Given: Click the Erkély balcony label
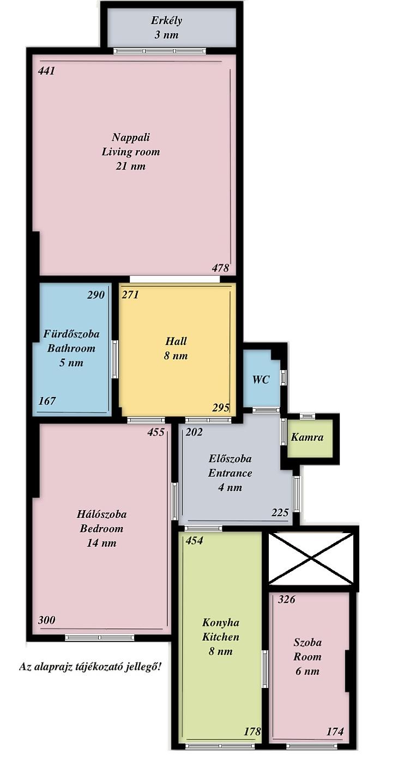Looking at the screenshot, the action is pos(166,21).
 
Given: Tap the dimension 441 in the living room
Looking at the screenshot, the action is pos(46,71).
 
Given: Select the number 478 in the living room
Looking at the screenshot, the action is pos(220,268).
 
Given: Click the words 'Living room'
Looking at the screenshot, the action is pos(131,152).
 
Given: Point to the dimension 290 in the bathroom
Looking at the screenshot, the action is pos(96,294).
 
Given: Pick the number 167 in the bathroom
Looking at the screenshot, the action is pos(47,401).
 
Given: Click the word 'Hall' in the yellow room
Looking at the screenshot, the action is pos(176,341).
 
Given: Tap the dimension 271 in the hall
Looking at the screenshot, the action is pos(130,294).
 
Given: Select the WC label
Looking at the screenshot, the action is pos(261,379).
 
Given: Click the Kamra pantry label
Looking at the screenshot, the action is pos(307,437).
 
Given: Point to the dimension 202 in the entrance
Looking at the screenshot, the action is pos(194,432).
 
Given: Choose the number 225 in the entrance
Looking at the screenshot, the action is pos(280,512).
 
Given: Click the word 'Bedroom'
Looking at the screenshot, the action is pos(101,529).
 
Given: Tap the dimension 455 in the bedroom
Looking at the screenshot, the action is pos(156,432).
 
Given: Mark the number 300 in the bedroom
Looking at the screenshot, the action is pos(46,620).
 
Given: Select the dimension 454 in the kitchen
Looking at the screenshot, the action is pos(194,540).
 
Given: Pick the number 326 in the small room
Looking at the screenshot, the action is pos(287,599).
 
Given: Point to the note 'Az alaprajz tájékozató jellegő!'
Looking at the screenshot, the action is pos(90,667).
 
